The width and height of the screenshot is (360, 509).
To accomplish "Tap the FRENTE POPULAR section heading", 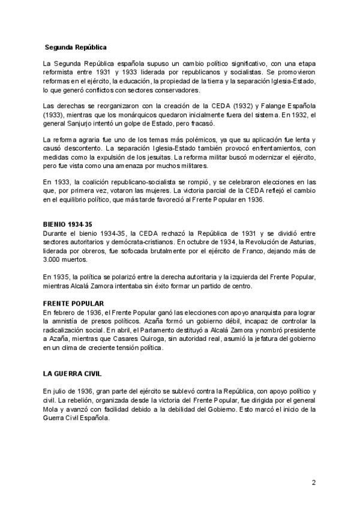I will click(x=70, y=304).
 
